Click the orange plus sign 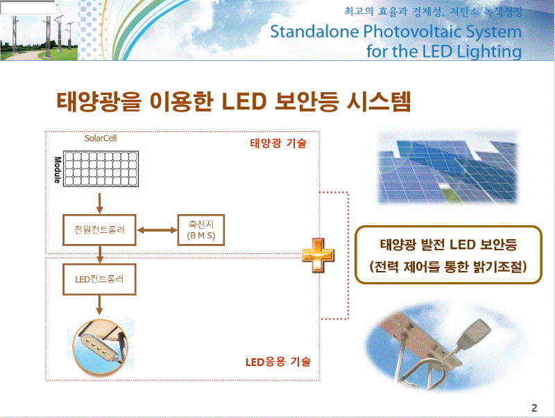tap(318, 254)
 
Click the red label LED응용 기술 tap(278, 362)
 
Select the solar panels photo tap(448, 167)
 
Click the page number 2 tap(534, 407)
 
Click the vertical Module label tap(58, 168)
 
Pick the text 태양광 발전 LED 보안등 tap(448, 245)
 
